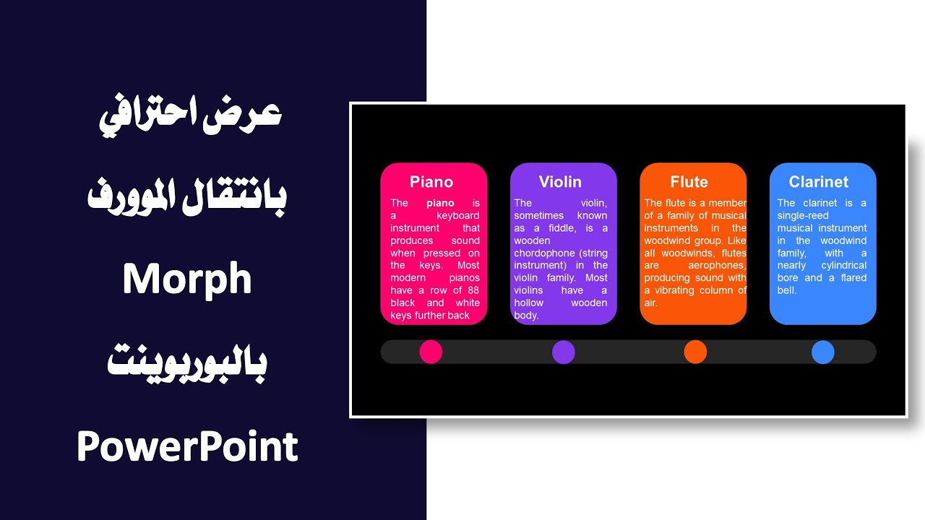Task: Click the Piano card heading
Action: (x=431, y=182)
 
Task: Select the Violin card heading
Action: (x=560, y=182)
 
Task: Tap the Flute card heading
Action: (x=689, y=182)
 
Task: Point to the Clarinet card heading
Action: (x=819, y=182)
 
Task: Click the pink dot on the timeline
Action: (x=431, y=352)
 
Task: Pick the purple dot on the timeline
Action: (x=564, y=352)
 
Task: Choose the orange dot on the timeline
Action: (x=695, y=352)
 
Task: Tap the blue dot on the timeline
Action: (x=822, y=352)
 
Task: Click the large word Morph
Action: (x=187, y=279)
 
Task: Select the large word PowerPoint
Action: (x=187, y=446)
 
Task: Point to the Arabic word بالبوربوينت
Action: (x=187, y=363)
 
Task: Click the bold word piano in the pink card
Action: (x=440, y=204)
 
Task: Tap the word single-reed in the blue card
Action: (x=803, y=216)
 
